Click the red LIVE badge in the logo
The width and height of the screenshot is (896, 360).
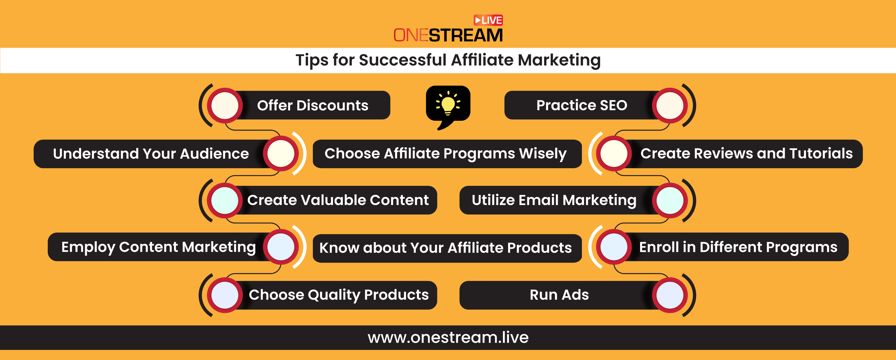(x=488, y=20)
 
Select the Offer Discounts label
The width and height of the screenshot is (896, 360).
(x=313, y=106)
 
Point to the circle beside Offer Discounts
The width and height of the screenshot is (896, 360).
(x=225, y=106)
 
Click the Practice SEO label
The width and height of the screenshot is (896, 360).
(x=581, y=105)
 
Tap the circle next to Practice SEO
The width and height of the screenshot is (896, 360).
(x=670, y=106)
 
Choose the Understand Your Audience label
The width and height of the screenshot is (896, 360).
(x=151, y=154)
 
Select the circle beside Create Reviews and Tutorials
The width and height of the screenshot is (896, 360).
(x=614, y=153)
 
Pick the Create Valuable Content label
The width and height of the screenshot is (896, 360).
(x=338, y=200)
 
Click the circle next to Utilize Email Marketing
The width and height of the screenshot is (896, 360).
(x=670, y=200)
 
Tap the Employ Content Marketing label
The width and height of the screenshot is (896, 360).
(x=159, y=247)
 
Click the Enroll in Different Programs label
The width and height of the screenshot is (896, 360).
(x=738, y=247)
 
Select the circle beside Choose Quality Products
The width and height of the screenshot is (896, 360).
(x=225, y=295)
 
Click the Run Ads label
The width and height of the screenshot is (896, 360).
(x=559, y=295)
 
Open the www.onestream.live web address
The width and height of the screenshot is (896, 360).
(x=448, y=337)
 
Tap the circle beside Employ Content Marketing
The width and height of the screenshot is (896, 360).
(x=281, y=247)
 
